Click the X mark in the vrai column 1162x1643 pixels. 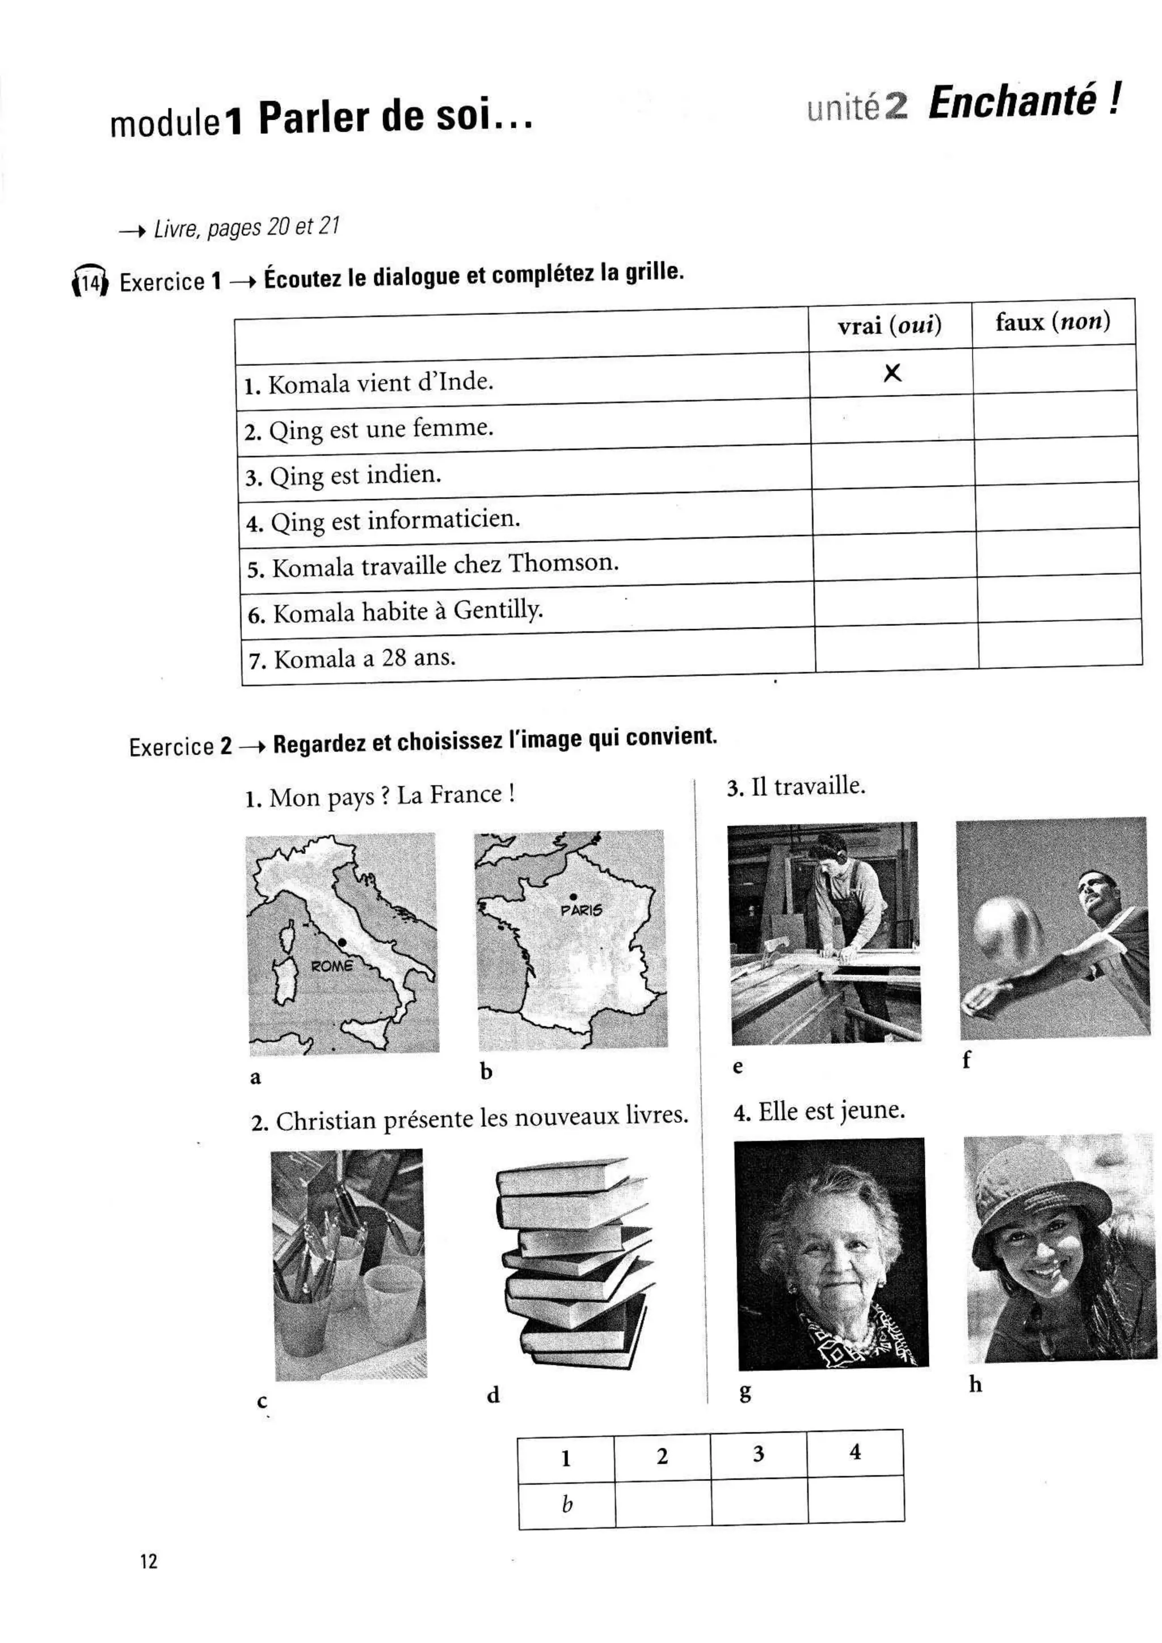[x=892, y=373]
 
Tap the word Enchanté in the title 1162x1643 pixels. [x=1012, y=102]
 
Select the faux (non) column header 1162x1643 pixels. [x=1052, y=322]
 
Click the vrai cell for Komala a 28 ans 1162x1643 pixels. [x=896, y=648]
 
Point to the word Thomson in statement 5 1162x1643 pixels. [x=563, y=563]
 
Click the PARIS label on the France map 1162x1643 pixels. [x=581, y=910]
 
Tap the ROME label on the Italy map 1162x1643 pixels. [x=331, y=966]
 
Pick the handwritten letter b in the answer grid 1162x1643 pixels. [x=567, y=1503]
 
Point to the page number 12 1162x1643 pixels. [x=148, y=1561]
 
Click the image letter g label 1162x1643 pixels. [x=745, y=1392]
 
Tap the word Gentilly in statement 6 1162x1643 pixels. [x=498, y=610]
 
